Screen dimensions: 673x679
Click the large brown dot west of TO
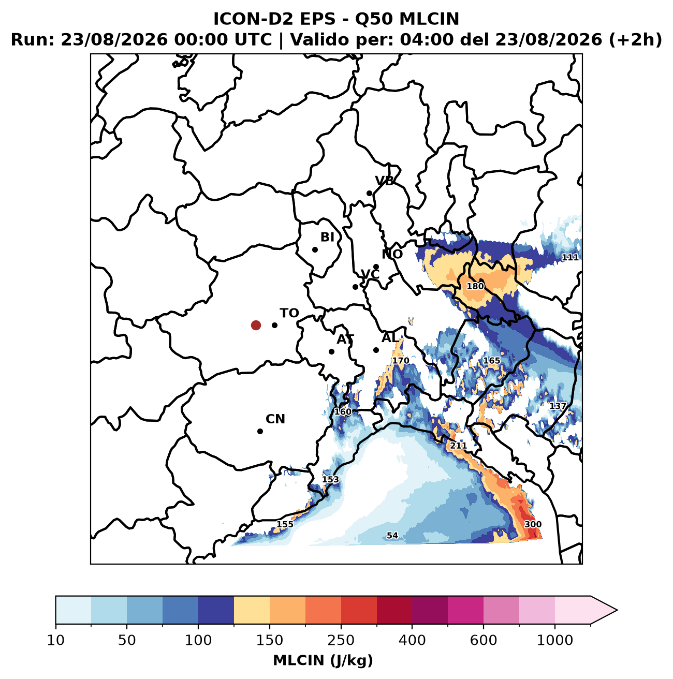256,325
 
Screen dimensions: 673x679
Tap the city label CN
275,419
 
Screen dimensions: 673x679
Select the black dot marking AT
331,351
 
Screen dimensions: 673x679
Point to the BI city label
327,237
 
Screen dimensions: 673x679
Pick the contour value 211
458,446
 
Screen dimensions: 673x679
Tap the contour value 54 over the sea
392,536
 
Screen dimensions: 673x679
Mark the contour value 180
475,286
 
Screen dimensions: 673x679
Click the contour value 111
570,257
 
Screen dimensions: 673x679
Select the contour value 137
558,406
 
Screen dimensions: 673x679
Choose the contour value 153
330,480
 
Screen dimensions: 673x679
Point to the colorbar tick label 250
341,640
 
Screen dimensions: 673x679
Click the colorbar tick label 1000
555,640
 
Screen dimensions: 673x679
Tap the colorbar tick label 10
56,640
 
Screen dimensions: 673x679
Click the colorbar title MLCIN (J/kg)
323,660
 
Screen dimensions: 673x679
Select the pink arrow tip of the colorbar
617,610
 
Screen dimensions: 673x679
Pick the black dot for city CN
260,431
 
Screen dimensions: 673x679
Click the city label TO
289,313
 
